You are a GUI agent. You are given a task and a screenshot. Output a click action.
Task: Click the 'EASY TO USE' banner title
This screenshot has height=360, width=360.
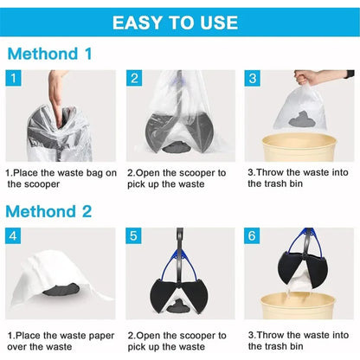pyautogui.click(x=180, y=22)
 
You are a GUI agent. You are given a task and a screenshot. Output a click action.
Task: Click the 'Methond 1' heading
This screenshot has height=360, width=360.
pyautogui.click(x=50, y=54)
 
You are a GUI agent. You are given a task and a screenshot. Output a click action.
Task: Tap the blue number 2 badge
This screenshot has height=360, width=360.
pyautogui.click(x=135, y=79)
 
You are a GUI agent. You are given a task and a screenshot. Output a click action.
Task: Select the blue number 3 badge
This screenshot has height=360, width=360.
pyautogui.click(x=254, y=79)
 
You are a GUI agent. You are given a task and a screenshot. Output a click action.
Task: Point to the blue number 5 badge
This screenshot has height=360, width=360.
pyautogui.click(x=135, y=236)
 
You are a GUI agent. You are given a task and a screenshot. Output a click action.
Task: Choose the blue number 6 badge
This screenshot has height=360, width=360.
pyautogui.click(x=254, y=236)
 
